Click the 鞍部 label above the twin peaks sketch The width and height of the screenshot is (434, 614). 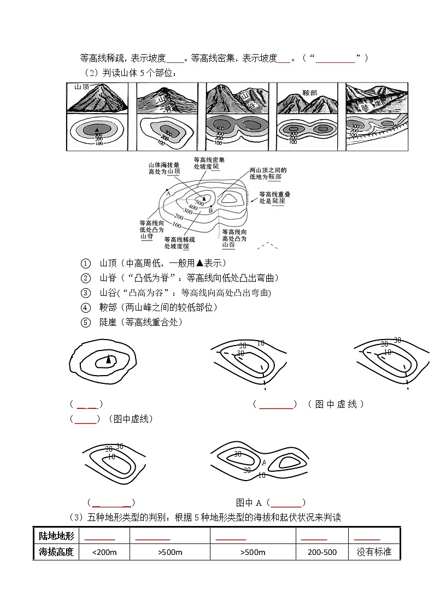click(309, 93)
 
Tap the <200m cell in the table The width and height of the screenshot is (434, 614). click(105, 552)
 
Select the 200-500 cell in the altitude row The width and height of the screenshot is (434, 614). click(322, 552)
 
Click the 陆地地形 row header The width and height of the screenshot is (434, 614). click(56, 536)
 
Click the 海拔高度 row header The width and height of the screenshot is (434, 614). click(56, 552)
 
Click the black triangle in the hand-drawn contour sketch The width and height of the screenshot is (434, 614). click(109, 359)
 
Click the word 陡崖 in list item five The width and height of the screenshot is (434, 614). click(108, 322)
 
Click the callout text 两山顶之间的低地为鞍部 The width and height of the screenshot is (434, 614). click(268, 174)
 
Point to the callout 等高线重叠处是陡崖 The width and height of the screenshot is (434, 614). click(275, 197)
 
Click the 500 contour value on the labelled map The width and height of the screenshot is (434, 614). click(199, 203)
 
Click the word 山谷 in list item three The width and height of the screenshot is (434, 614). click(108, 293)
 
